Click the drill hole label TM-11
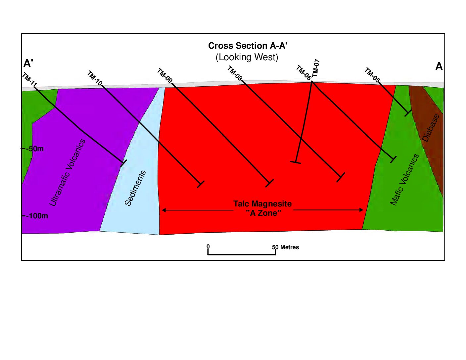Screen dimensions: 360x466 pos(29,80)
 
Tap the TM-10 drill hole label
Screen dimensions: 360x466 pos(94,78)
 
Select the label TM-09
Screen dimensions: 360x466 pos(164,75)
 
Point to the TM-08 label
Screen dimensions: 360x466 pos(235,73)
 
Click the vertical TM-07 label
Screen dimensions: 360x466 pos(316,68)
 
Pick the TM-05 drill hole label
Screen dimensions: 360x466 pos(372,75)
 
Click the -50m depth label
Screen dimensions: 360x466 pos(35,149)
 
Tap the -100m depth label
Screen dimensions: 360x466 pos(37,216)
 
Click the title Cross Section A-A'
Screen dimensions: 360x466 pos(248,46)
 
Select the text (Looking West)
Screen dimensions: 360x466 pos(247,57)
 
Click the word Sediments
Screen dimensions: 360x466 pos(135,188)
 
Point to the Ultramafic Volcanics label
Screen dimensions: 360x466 pos(67,172)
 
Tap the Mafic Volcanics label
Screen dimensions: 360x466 pos(404,180)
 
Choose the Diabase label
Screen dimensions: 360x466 pos(431,128)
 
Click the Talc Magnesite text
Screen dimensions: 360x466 pos(262,204)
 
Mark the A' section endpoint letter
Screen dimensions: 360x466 pos(28,63)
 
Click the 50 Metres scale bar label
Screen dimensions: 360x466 pos(286,247)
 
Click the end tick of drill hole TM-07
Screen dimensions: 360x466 pos(296,162)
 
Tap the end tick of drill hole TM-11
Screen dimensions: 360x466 pos(123,163)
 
